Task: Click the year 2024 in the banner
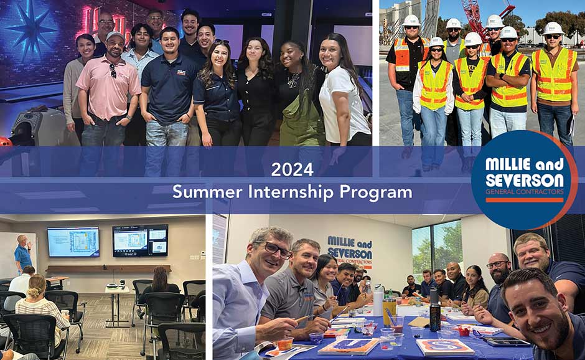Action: (292, 169)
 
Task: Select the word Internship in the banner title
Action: (291, 192)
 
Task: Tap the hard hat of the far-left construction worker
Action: (411, 21)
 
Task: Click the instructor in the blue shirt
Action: (23, 254)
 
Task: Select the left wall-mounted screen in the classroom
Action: (73, 242)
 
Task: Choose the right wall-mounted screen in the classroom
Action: (139, 240)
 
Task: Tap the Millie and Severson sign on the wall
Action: (350, 250)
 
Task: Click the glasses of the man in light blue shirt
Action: (272, 249)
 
